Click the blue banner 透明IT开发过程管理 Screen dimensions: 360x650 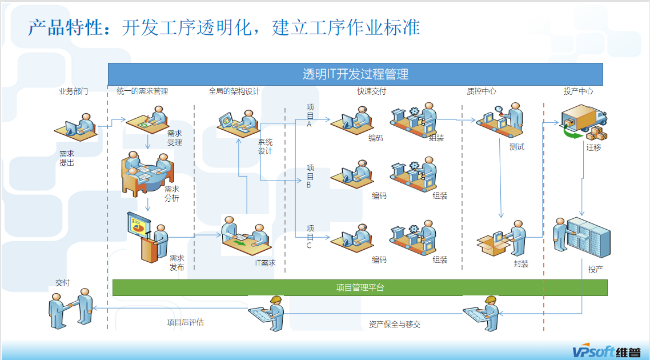355,74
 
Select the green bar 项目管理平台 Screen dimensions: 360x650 360,287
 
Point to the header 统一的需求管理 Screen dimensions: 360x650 142,91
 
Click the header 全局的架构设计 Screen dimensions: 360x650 234,91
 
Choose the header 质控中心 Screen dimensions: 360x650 482,91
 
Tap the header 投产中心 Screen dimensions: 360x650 578,91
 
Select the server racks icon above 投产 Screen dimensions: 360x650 577,235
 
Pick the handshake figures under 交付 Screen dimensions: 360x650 71,309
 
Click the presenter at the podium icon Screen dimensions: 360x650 147,235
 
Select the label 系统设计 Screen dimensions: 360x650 265,147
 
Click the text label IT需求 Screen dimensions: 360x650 265,263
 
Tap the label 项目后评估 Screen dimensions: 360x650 185,323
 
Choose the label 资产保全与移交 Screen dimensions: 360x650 395,325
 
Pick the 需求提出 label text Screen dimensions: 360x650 67,158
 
